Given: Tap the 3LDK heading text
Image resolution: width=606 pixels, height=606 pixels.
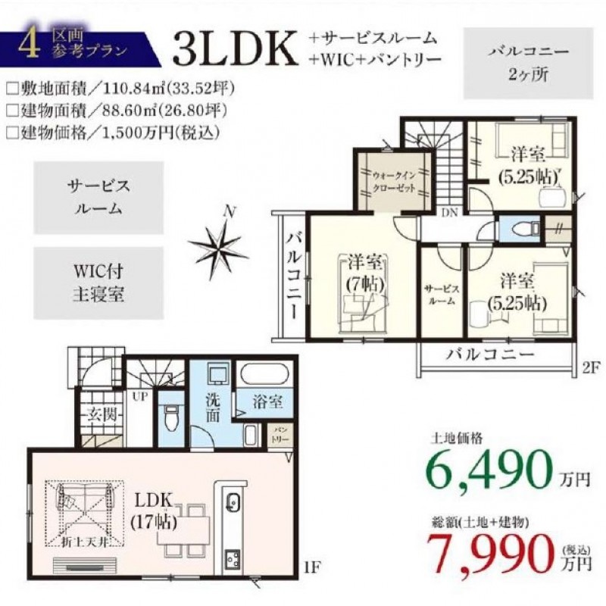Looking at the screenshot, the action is (x=236, y=48).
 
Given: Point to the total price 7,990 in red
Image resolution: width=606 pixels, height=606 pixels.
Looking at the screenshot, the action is (x=490, y=554).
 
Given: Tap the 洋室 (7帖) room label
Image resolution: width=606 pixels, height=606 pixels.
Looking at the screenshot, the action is (x=365, y=273).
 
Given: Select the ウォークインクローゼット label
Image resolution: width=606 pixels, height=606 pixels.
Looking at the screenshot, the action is (x=393, y=182).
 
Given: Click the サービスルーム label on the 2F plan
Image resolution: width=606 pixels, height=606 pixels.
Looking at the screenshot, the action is (x=442, y=295).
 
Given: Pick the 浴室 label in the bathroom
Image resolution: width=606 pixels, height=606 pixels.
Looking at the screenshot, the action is (x=267, y=402).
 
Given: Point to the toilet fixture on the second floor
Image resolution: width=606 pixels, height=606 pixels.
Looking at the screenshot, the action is (x=524, y=230).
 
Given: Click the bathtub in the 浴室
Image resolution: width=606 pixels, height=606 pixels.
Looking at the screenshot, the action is (x=264, y=373).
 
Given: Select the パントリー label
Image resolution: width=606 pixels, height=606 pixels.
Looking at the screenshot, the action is (x=278, y=435).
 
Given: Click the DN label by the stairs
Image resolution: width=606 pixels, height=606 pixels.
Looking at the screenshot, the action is (x=449, y=212).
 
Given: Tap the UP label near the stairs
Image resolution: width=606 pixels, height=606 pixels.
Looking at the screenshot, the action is (x=140, y=396).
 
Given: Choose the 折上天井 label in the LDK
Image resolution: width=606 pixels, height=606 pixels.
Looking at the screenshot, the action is (x=84, y=542).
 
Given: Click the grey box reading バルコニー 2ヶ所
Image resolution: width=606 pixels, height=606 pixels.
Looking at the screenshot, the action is (x=528, y=64).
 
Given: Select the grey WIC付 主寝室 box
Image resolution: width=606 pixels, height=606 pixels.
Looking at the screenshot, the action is (x=98, y=283).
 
